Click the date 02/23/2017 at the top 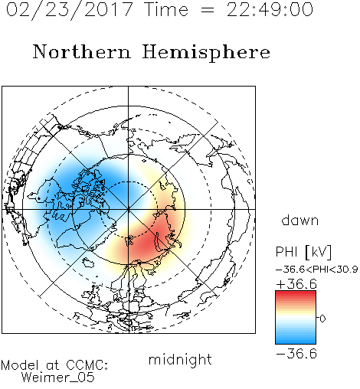point(70,10)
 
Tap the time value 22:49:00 point(270,10)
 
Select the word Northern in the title point(82,51)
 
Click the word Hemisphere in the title point(206,53)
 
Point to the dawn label point(300,220)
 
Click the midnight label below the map point(180,360)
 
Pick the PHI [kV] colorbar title point(303,252)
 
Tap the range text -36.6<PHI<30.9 point(316,270)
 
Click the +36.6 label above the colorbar point(296,284)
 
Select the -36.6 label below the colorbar point(296,354)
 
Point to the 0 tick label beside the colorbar point(322,319)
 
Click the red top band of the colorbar point(296,294)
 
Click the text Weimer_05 point(58,378)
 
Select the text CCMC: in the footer point(87,365)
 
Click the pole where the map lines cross point(128,209)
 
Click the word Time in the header point(166,10)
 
